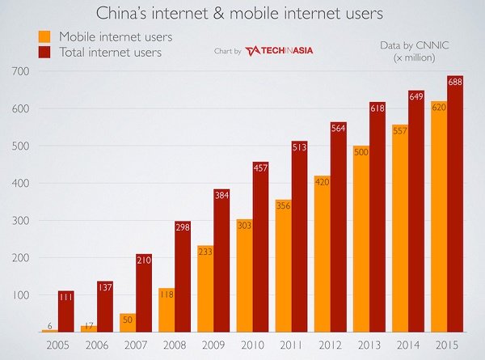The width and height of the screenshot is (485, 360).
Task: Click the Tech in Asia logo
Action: pos(280,50)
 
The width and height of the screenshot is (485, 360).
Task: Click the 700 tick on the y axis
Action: pos(15,72)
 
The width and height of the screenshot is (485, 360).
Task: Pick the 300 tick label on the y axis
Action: pos(15,221)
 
